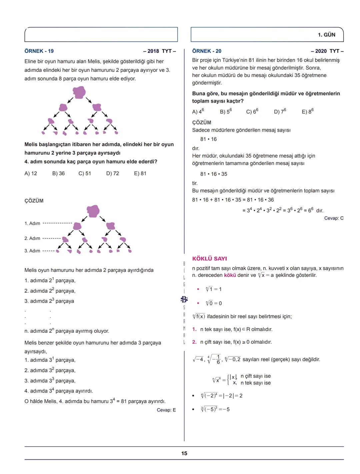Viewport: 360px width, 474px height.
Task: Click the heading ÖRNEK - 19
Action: click(x=39, y=51)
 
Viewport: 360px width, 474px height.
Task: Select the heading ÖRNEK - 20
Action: click(x=207, y=51)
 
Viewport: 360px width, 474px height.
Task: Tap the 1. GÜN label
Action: click(x=326, y=35)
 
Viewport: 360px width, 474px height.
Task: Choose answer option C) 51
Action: click(x=85, y=173)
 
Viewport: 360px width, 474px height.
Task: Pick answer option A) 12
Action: click(x=31, y=173)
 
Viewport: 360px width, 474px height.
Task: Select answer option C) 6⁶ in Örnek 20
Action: click(x=252, y=111)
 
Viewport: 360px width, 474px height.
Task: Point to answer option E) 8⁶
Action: click(x=308, y=111)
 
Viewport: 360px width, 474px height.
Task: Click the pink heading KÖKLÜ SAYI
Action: click(x=209, y=258)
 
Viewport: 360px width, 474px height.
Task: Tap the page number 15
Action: click(x=184, y=453)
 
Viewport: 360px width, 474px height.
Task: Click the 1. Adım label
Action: click(x=32, y=223)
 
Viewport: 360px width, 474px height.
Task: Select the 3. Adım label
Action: click(x=32, y=250)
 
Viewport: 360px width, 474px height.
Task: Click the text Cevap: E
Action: click(x=166, y=410)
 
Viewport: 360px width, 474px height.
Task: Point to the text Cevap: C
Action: click(x=334, y=218)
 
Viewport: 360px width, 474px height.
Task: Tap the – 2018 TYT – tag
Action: click(x=159, y=51)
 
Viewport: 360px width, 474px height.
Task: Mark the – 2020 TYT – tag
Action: click(x=327, y=51)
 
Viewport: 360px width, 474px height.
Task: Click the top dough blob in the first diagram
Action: click(x=79, y=92)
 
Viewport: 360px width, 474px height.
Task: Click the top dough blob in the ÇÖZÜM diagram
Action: click(x=93, y=211)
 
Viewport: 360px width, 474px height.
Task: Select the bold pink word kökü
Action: click(x=230, y=275)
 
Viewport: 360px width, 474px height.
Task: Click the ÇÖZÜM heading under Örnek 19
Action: click(x=34, y=201)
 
